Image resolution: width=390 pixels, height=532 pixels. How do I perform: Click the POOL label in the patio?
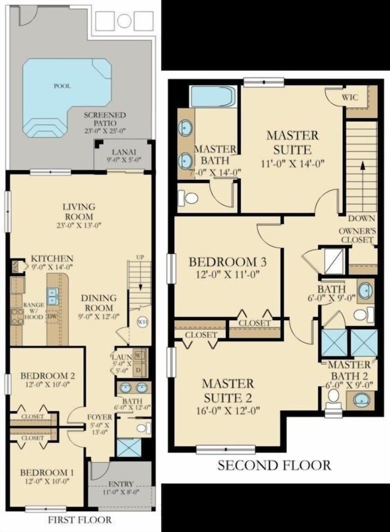pyautogui.click(x=62, y=86)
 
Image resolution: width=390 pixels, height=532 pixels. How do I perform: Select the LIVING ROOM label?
pyautogui.click(x=78, y=212)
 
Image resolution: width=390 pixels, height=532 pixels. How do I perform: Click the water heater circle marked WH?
pyautogui.click(x=142, y=322)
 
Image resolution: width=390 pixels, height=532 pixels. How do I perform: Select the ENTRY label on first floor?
pyautogui.click(x=121, y=484)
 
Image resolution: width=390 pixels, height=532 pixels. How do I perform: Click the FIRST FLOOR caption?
pyautogui.click(x=80, y=520)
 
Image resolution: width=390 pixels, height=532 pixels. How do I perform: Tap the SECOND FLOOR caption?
pyautogui.click(x=274, y=465)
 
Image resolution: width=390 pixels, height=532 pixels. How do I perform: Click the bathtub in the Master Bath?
pyautogui.click(x=213, y=96)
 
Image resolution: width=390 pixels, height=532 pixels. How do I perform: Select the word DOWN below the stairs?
pyautogui.click(x=362, y=219)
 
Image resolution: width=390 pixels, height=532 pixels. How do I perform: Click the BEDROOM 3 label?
pyautogui.click(x=227, y=262)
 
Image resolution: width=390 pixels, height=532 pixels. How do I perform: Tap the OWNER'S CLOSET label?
pyautogui.click(x=358, y=236)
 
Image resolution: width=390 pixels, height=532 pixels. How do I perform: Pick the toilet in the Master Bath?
pyautogui.click(x=190, y=198)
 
